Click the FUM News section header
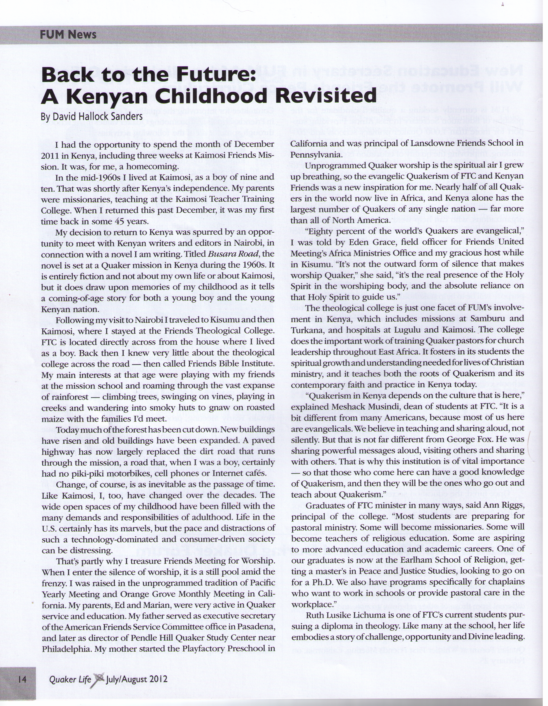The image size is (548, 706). point(68,34)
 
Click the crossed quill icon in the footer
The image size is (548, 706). point(99,679)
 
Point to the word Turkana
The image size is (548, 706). point(308,330)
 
